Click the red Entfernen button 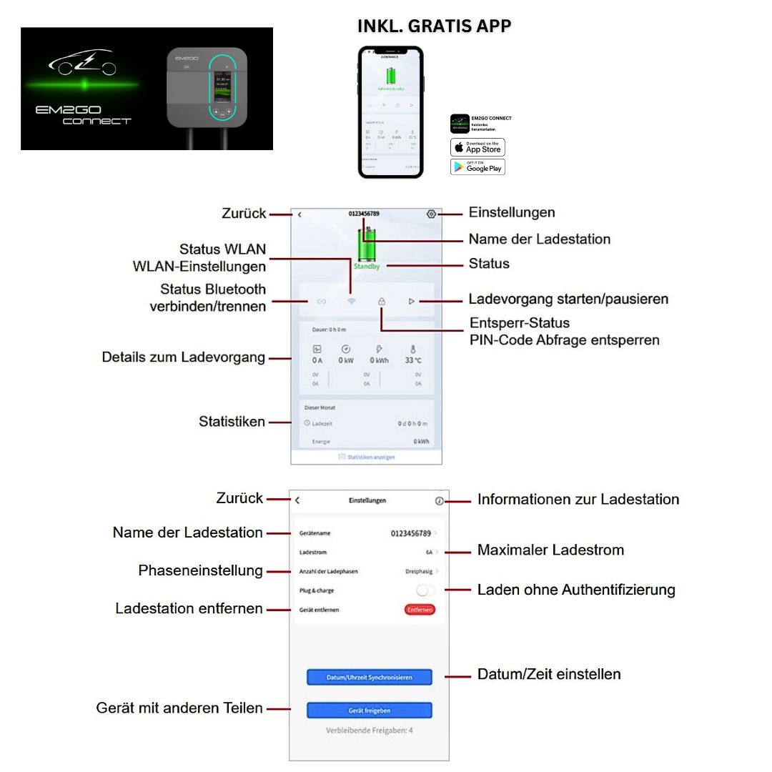point(420,610)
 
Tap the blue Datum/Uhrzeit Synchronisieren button point(370,677)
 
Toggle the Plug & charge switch point(425,590)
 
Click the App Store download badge point(477,147)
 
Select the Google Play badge point(477,167)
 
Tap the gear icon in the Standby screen point(431,214)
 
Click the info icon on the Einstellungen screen point(439,501)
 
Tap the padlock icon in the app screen point(382,301)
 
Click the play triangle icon point(412,301)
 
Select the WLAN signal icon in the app point(351,301)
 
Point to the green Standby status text point(366,266)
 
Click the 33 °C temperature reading point(413,360)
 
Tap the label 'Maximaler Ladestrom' point(550,550)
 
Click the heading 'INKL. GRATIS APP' point(434,26)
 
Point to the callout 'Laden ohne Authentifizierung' point(576,590)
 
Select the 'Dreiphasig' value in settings point(418,571)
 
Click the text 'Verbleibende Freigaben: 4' point(369,731)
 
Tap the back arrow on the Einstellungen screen point(297,501)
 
